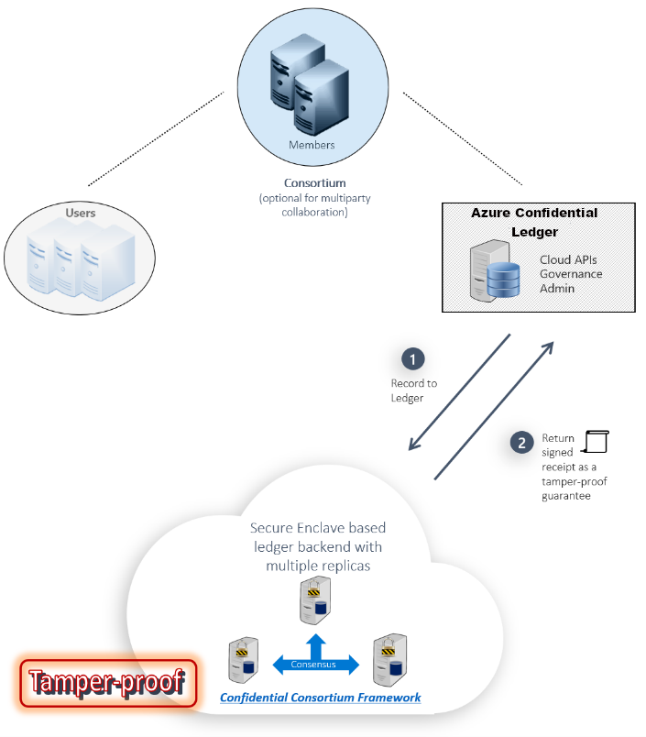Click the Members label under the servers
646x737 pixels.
pyautogui.click(x=312, y=145)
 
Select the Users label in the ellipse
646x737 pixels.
pyautogui.click(x=81, y=213)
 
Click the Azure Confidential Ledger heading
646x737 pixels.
pyautogui.click(x=533, y=222)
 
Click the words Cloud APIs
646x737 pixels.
pyautogui.click(x=567, y=259)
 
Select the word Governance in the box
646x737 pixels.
pyautogui.click(x=571, y=273)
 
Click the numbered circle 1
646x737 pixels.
pyautogui.click(x=412, y=357)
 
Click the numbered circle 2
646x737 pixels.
pyautogui.click(x=521, y=442)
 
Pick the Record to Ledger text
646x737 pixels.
pyautogui.click(x=413, y=390)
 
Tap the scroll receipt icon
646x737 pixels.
pyautogui.click(x=597, y=441)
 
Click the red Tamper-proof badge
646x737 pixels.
pyautogui.click(x=108, y=684)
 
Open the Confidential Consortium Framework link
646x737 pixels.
pyautogui.click(x=321, y=698)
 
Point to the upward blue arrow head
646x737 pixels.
pyautogui.click(x=315, y=638)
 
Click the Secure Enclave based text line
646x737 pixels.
pyautogui.click(x=318, y=528)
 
